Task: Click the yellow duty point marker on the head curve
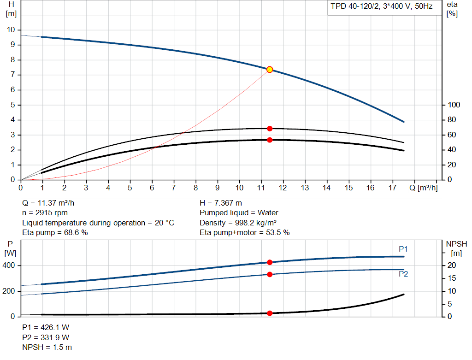point(270,70)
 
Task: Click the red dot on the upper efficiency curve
point(270,129)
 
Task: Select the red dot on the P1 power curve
point(270,262)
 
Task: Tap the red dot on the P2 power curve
point(270,274)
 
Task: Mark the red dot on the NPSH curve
point(270,313)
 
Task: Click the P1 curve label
point(403,249)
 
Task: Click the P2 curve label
point(403,274)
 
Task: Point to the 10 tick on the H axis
point(11,30)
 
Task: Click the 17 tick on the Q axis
point(392,188)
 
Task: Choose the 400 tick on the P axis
point(11,266)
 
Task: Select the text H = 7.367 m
point(221,203)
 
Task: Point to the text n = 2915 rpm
point(45,213)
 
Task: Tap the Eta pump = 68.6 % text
point(55,233)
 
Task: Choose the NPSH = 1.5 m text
point(47,347)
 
